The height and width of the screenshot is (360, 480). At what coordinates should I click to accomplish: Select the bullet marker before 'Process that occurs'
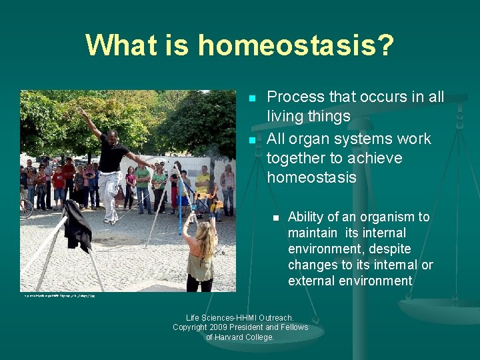point(252,99)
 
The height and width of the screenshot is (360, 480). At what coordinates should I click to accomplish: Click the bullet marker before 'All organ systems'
point(252,141)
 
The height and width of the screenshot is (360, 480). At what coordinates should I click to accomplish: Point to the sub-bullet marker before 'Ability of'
point(274,218)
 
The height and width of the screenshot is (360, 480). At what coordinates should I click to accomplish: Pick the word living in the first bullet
point(288,117)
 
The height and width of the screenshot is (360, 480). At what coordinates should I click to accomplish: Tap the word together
point(301,158)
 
